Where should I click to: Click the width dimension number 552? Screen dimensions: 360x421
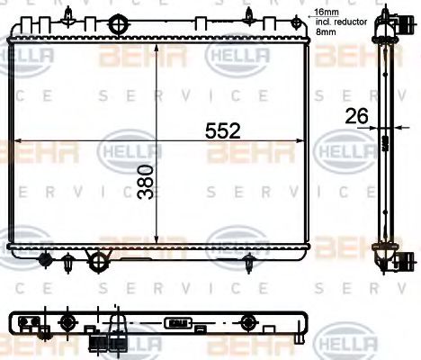223,130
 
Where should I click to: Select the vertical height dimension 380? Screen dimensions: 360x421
147,184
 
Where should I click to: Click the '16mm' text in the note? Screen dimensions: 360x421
323,13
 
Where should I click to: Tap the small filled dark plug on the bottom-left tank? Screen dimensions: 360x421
46,259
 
